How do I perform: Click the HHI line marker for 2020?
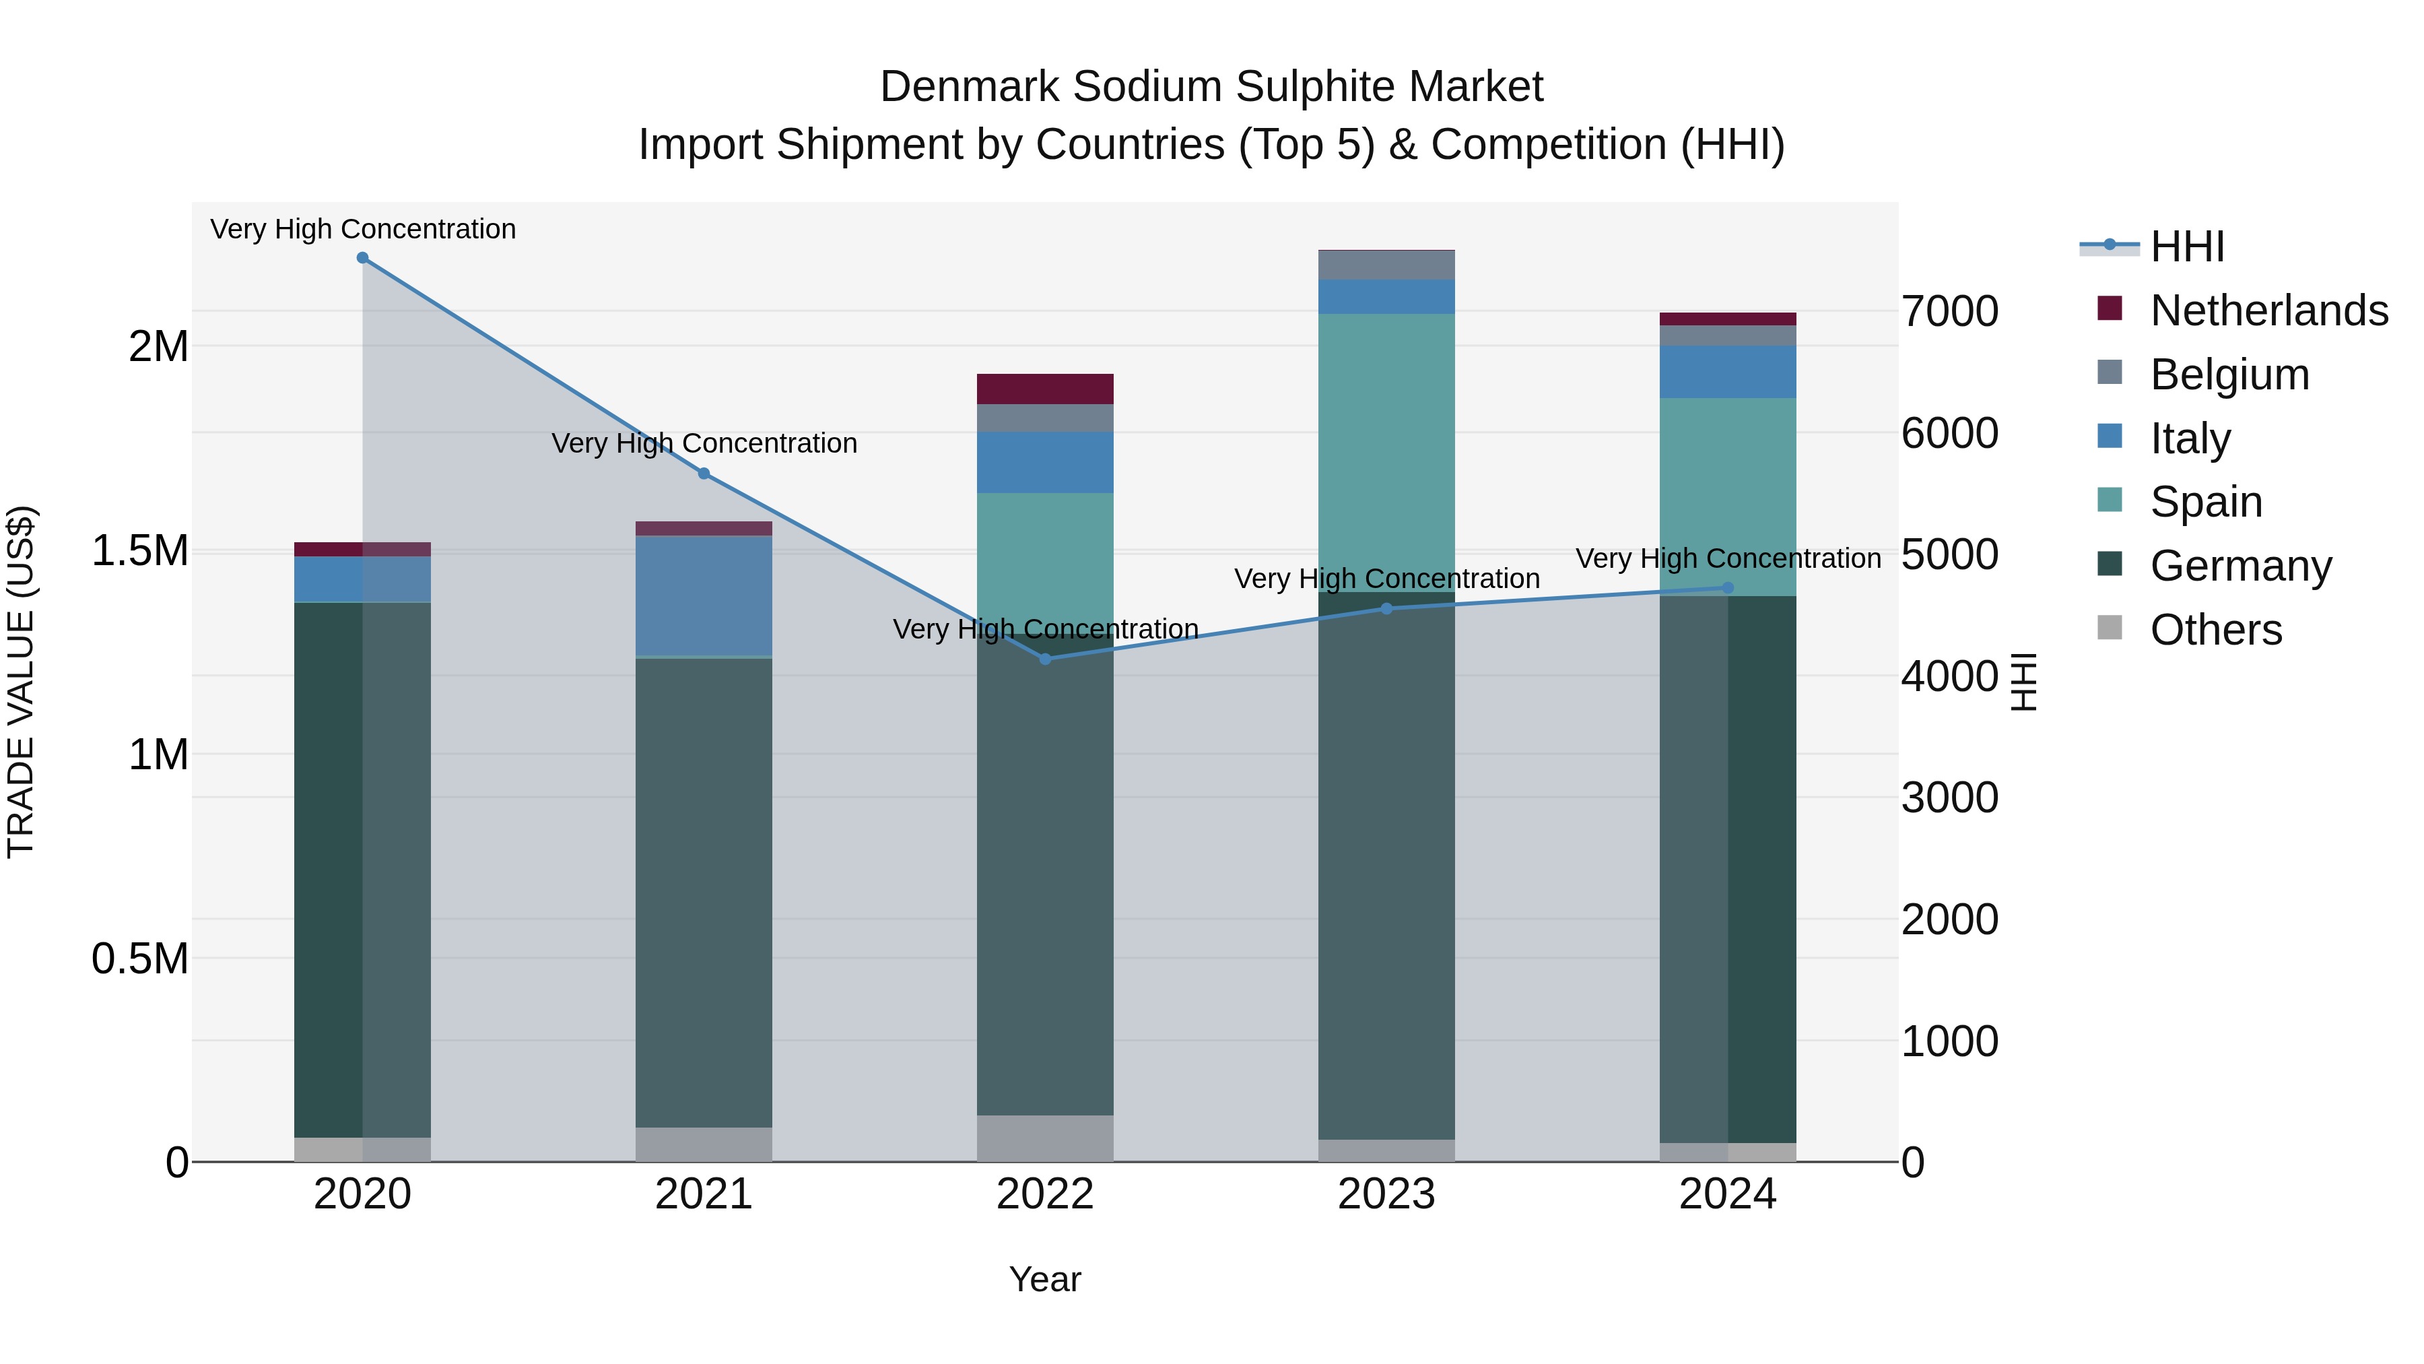click(362, 258)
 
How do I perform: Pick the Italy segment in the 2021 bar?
click(704, 595)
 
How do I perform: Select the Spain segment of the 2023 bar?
click(1386, 452)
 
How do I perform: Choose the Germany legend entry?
click(2240, 566)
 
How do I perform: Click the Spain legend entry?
click(2206, 502)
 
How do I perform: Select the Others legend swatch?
click(2110, 628)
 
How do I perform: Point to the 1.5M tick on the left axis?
click(140, 551)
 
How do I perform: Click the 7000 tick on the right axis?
click(1950, 312)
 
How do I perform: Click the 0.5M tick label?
click(140, 959)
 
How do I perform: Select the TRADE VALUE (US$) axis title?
click(21, 682)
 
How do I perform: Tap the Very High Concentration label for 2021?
click(704, 443)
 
